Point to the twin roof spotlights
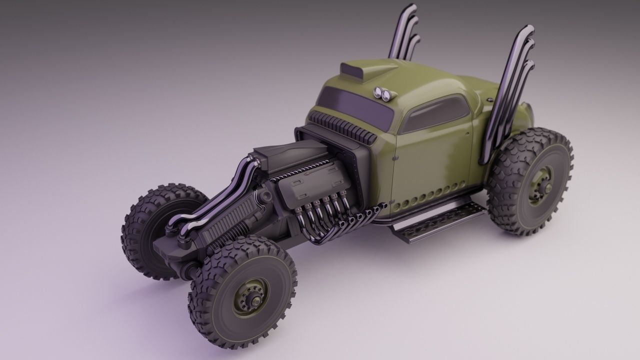click(382, 93)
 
